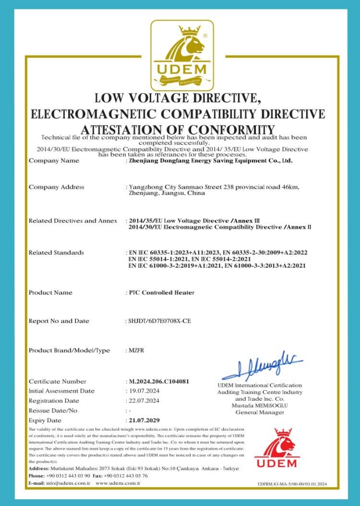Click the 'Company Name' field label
(x=54, y=161)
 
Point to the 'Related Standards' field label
(x=56, y=253)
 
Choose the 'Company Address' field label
(x=56, y=187)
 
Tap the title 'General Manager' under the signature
(x=259, y=412)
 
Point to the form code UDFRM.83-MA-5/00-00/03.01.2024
(x=292, y=484)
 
